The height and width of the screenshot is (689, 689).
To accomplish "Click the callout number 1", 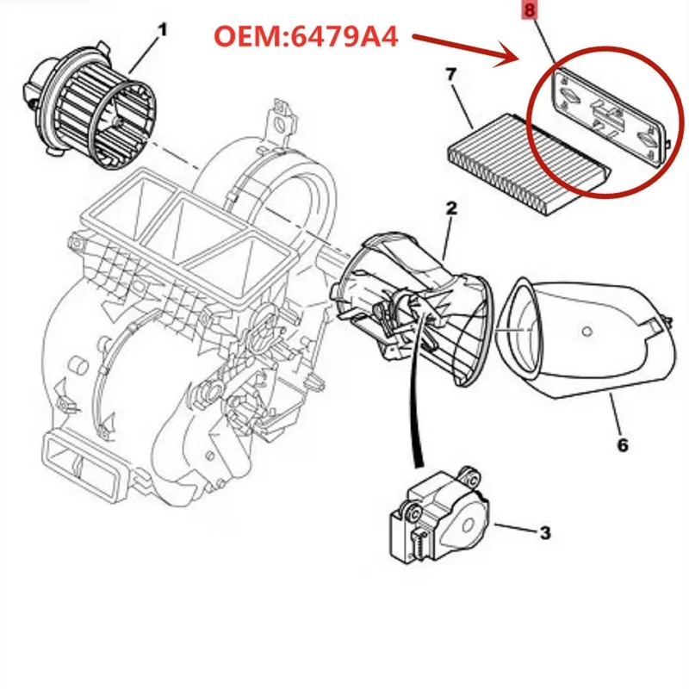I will coord(161,30).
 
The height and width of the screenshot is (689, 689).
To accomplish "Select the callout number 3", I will coord(544,533).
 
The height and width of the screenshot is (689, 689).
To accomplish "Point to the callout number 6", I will coord(622,444).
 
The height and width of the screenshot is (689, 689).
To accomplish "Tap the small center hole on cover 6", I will coord(586,330).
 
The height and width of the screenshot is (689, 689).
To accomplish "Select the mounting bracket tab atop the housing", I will coord(277,116).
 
